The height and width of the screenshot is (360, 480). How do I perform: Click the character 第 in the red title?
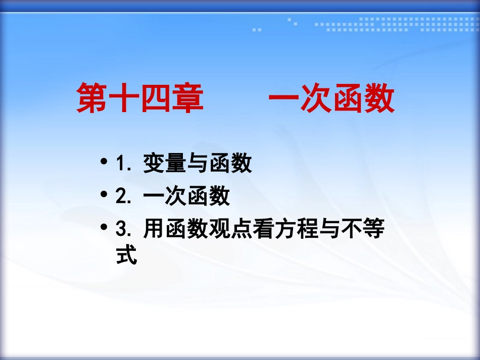point(92,98)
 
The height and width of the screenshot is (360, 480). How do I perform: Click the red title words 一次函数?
point(331,98)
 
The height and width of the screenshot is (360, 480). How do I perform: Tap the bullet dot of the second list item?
point(104,195)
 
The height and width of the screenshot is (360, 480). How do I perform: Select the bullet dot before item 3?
point(104,228)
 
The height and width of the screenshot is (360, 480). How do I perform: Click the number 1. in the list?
point(124,164)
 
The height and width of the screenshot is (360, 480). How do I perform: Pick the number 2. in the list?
point(124,197)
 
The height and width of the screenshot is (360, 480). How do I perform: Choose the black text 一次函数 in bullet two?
point(186,197)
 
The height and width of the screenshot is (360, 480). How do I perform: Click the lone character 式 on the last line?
point(126,256)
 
